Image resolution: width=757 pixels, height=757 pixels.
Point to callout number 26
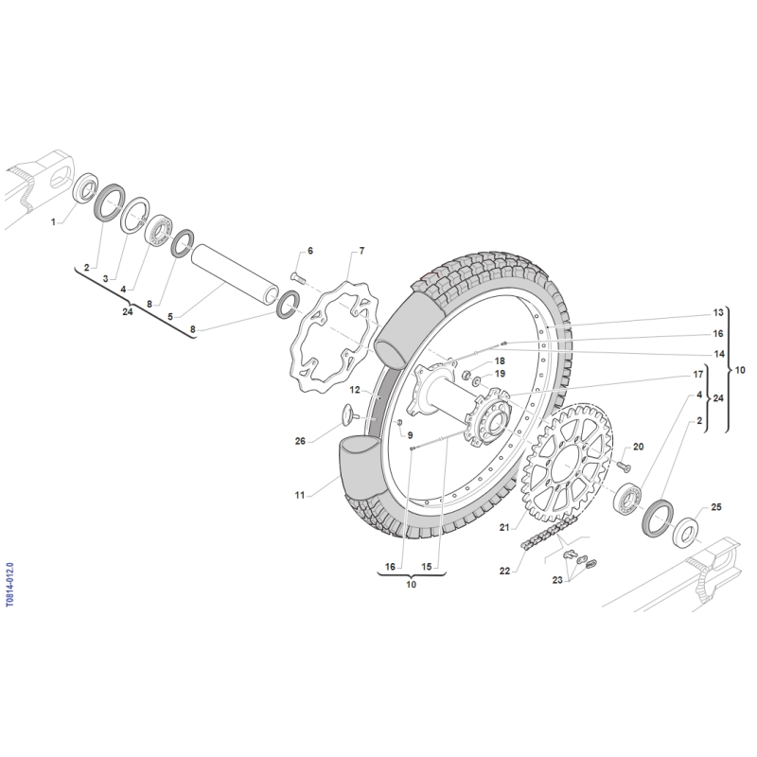click(300, 441)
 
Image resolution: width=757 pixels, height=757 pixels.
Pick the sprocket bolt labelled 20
click(624, 466)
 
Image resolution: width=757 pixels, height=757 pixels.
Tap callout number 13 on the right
click(718, 312)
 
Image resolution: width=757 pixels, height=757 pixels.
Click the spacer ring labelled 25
click(685, 532)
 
